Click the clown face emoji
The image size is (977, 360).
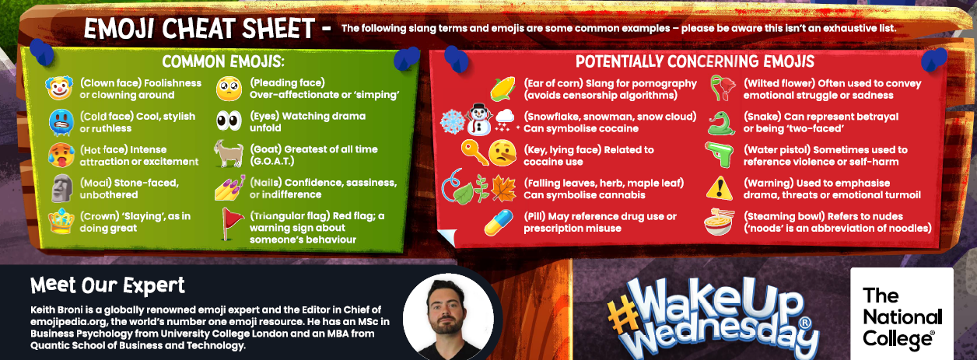[x=59, y=88]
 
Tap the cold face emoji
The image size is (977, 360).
[x=61, y=123]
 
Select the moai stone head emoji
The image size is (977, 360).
[x=62, y=188]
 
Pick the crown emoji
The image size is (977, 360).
[x=61, y=221]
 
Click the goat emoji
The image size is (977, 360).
[x=229, y=153]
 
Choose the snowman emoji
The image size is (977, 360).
[x=479, y=120]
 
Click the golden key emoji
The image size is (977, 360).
[x=474, y=153]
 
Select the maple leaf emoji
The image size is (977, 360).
[x=504, y=188]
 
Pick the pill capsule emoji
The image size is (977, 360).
[x=499, y=222]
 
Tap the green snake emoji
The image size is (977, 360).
[x=721, y=124]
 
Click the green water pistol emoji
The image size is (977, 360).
[x=720, y=154]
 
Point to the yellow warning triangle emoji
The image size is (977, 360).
[x=720, y=189]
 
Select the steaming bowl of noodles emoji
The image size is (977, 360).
[x=718, y=222]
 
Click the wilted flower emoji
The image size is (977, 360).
[x=722, y=88]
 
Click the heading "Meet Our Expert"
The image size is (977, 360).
[x=107, y=286]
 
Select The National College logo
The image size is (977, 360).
[x=902, y=314]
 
